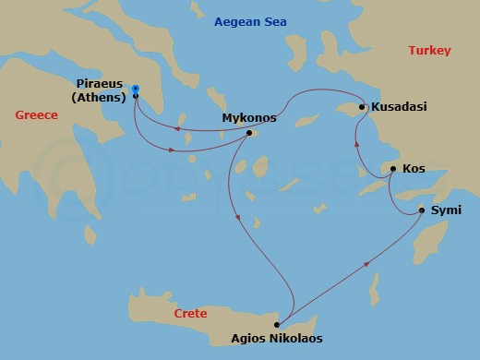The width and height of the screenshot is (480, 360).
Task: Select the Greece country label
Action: click(x=37, y=114)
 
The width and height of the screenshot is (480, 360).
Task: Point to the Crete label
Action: click(x=189, y=315)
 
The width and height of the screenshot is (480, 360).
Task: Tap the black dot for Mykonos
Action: click(x=249, y=133)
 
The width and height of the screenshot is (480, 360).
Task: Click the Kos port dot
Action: click(x=393, y=169)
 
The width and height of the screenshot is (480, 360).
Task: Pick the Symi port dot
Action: click(x=422, y=210)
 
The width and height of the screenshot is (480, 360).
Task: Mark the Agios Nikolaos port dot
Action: click(x=276, y=325)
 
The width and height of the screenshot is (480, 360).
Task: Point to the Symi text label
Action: click(x=446, y=211)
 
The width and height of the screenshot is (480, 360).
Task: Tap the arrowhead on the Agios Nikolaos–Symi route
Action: click(x=369, y=263)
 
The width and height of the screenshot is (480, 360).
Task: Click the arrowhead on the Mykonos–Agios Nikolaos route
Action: click(x=239, y=219)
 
